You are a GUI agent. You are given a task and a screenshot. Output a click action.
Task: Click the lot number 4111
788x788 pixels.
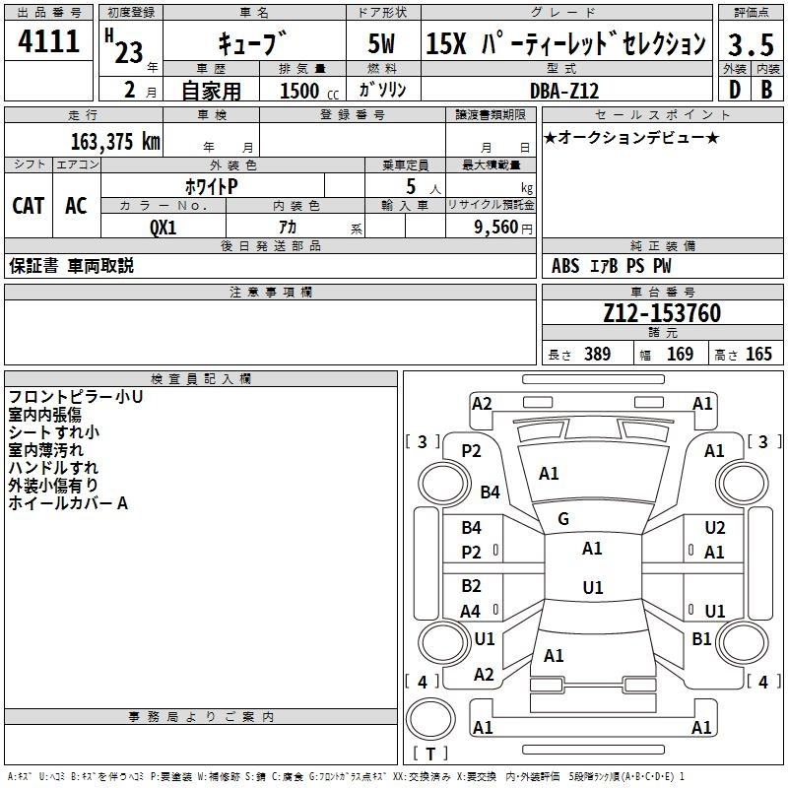(x=48, y=41)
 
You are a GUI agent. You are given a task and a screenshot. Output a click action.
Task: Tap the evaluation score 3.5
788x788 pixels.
(x=751, y=44)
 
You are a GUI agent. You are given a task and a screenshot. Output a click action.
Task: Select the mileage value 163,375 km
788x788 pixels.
(x=115, y=141)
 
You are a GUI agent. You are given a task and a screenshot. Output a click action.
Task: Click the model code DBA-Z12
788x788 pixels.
(x=564, y=91)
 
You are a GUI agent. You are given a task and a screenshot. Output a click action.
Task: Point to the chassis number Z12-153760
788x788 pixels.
(x=662, y=312)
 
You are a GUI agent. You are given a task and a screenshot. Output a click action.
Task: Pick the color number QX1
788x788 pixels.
(x=164, y=228)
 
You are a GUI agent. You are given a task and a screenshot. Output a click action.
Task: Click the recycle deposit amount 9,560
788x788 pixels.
(x=496, y=228)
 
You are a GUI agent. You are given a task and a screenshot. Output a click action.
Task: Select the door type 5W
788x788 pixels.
(x=381, y=43)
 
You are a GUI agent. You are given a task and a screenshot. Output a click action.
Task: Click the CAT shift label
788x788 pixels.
(x=29, y=206)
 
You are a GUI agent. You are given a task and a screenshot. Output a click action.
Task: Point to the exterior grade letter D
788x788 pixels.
(x=735, y=90)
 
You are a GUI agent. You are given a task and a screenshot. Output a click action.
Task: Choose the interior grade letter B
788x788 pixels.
(x=766, y=90)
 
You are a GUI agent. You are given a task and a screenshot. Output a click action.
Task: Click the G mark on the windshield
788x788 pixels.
(x=563, y=519)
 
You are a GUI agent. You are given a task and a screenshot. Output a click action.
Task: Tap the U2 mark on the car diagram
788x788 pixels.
(x=715, y=528)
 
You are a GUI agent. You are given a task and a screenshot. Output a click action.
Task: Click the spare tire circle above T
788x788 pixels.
(x=430, y=718)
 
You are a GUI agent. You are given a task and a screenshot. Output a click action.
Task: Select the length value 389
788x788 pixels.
(x=598, y=354)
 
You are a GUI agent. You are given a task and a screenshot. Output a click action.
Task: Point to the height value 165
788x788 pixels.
(x=758, y=354)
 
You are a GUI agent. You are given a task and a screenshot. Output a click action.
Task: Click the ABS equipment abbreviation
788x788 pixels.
(x=565, y=266)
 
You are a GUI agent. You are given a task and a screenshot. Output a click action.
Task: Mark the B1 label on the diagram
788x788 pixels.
(x=701, y=638)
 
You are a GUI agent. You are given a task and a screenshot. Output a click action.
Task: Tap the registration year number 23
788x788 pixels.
(x=129, y=52)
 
